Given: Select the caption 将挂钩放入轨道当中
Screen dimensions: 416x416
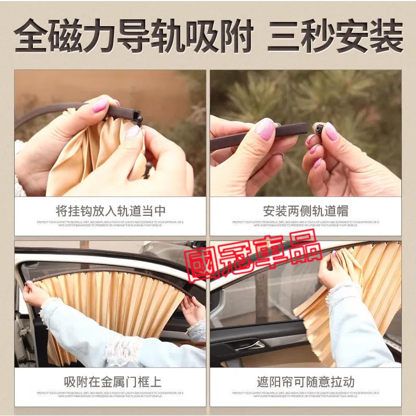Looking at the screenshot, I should coord(110,211).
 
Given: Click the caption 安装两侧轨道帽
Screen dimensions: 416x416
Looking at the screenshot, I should coord(306,211).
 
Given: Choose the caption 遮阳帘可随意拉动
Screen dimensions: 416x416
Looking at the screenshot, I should coord(306,382).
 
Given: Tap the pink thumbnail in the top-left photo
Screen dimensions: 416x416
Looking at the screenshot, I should coord(100,106).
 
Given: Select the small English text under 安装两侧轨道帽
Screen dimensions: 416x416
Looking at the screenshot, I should coord(306,223).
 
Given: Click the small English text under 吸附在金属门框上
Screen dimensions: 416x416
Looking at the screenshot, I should coord(110,394).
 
